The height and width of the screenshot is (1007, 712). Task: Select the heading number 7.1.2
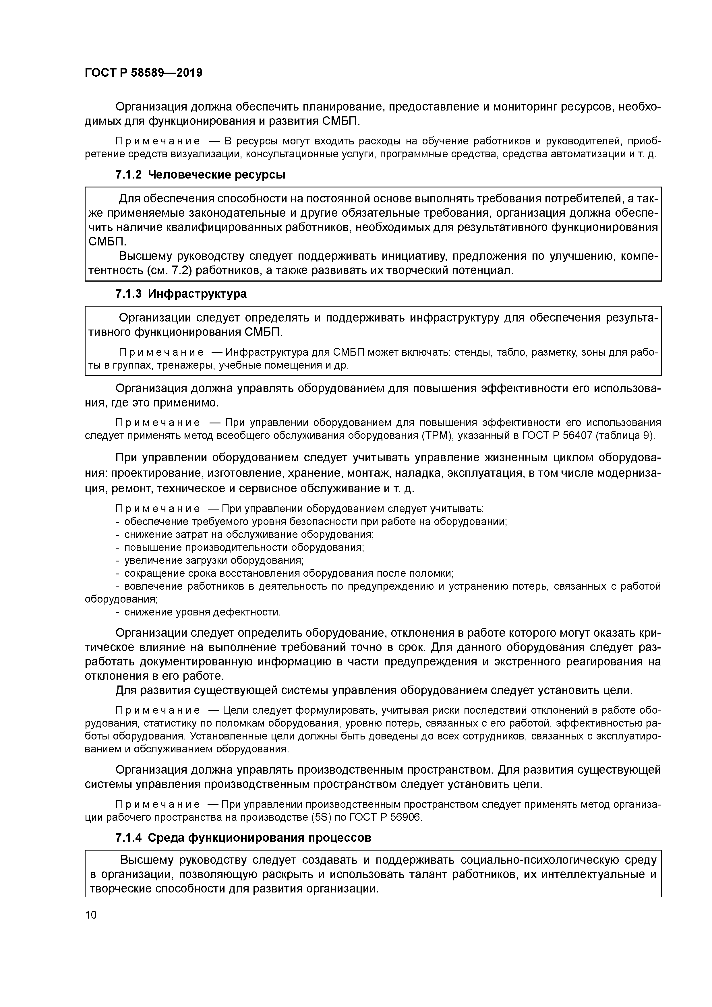point(129,175)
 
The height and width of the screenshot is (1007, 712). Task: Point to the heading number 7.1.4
point(129,838)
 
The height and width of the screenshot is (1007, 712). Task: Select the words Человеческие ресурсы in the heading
point(217,175)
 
